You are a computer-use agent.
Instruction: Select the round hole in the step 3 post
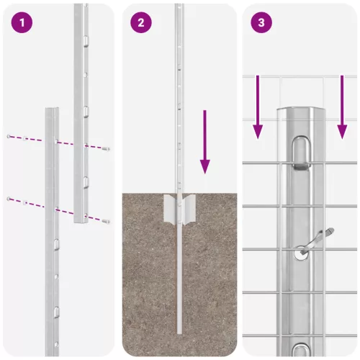coord(300,253)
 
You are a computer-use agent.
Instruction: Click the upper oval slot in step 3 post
coord(300,154)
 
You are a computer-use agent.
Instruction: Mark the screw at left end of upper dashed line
coord(8,136)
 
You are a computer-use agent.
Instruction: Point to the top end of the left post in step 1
coord(52,110)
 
